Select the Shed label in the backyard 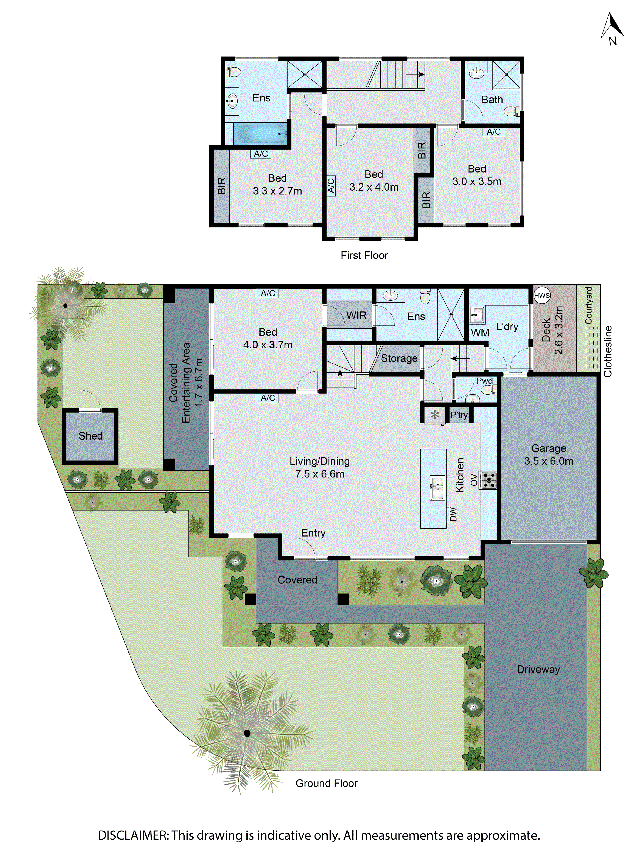(90, 436)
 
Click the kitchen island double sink (437, 488)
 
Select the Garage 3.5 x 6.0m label (548, 454)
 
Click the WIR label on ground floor (356, 316)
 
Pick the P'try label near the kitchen (459, 415)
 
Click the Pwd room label (484, 381)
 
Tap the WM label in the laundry (480, 332)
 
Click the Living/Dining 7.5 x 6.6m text (320, 467)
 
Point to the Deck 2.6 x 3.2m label (552, 330)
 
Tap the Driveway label (538, 669)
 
